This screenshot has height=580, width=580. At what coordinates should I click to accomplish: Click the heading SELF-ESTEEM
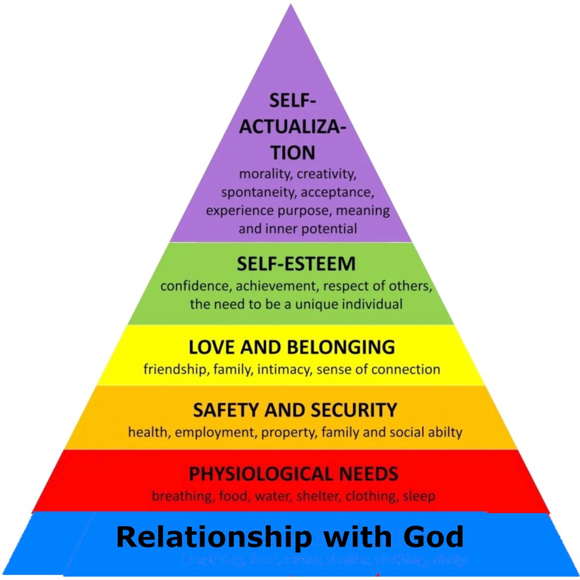[x=296, y=264]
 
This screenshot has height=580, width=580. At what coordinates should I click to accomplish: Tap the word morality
[x=265, y=174]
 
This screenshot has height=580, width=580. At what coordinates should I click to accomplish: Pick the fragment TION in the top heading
[x=292, y=152]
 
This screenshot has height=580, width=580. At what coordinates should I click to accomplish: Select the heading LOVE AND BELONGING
[x=292, y=347]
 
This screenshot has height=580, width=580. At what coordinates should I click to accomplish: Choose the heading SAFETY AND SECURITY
[x=295, y=410]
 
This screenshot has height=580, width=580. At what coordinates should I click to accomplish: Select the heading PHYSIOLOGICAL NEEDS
[x=293, y=473]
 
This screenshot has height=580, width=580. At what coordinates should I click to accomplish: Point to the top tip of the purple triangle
[x=291, y=6]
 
